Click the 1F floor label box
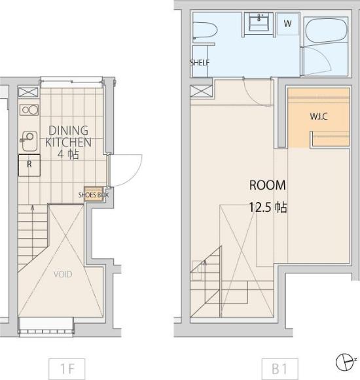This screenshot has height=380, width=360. pyautogui.click(x=67, y=369)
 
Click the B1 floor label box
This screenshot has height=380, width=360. pyautogui.click(x=279, y=369)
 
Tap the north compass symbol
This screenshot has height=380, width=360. pyautogui.click(x=345, y=362)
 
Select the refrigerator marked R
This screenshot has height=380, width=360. pyautogui.click(x=29, y=165)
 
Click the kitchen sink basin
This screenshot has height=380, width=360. pyautogui.click(x=29, y=141)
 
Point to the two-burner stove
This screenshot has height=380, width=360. pyautogui.click(x=29, y=110)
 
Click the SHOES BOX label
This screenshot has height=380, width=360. pyautogui.click(x=94, y=195)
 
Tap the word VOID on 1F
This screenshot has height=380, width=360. pyautogui.click(x=63, y=274)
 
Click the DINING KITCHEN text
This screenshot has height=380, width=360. pyautogui.click(x=69, y=136)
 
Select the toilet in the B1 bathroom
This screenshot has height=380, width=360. pyautogui.click(x=205, y=30)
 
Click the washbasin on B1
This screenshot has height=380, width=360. pyautogui.click(x=259, y=22)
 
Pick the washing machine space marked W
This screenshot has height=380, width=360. pyautogui.click(x=288, y=24)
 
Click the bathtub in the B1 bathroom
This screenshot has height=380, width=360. pyautogui.click(x=326, y=31)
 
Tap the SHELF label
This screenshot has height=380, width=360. pyautogui.click(x=200, y=63)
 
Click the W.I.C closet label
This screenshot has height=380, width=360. pyautogui.click(x=319, y=116)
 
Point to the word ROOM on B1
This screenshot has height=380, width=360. pyautogui.click(x=268, y=185)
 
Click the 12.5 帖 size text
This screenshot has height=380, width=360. pyautogui.click(x=268, y=207)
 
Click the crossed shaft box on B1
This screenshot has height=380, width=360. pyautogui.click(x=201, y=92)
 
